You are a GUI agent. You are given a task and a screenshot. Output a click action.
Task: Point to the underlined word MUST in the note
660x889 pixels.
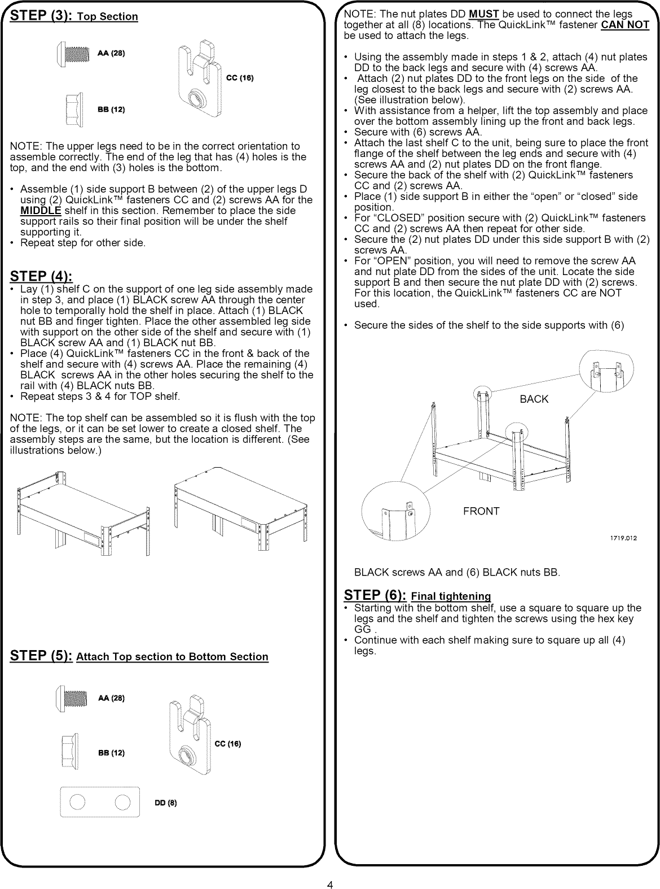(481, 14)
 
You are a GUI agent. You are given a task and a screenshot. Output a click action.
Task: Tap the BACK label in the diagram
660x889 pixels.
(534, 399)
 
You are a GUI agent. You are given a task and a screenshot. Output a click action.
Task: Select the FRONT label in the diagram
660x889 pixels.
(481, 511)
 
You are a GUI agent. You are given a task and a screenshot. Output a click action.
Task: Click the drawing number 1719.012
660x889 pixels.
(623, 538)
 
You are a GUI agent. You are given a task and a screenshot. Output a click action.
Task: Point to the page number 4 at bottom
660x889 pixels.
(330, 885)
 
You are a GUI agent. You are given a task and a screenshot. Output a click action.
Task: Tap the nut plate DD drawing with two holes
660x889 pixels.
(99, 802)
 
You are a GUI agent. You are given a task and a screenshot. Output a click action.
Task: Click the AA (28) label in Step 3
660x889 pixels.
(111, 54)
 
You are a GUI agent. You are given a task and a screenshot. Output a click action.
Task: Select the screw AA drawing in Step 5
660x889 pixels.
(72, 699)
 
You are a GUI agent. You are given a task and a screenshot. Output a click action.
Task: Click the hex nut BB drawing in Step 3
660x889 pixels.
(73, 109)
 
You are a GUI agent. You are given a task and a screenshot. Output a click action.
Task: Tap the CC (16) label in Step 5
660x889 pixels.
(228, 743)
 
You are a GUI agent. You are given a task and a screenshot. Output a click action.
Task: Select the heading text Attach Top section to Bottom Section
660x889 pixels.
(172, 657)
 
